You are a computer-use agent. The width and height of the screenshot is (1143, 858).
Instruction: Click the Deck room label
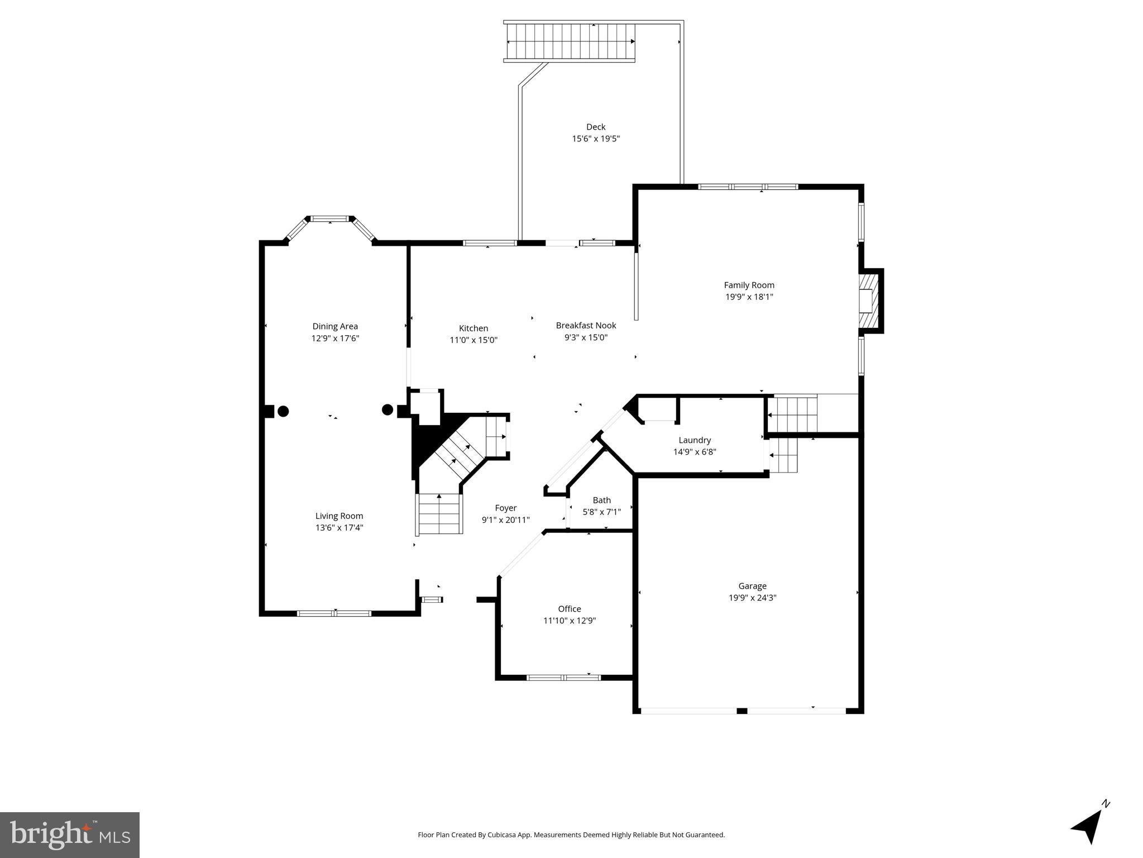(x=595, y=127)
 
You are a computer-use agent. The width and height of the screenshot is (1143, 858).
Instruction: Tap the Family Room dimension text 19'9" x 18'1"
(x=749, y=297)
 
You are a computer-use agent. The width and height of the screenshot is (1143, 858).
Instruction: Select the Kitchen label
(x=473, y=328)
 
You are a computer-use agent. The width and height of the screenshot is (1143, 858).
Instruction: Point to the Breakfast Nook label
(x=586, y=325)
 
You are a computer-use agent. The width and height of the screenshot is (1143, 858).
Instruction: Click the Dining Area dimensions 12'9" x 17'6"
(x=335, y=339)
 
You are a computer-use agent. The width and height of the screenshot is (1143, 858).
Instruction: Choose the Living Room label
(x=339, y=516)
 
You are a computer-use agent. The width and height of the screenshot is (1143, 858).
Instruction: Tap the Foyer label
(x=505, y=508)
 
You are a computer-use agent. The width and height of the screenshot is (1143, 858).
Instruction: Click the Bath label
(x=601, y=500)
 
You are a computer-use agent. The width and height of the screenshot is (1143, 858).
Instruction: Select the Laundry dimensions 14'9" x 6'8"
(x=694, y=452)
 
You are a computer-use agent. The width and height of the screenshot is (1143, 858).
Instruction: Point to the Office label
(x=569, y=609)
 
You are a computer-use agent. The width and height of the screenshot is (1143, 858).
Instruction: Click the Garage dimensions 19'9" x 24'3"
(x=752, y=598)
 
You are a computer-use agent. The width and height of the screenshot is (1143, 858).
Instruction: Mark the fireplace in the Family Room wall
(x=868, y=301)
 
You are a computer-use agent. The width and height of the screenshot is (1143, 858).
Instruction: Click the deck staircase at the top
(x=570, y=42)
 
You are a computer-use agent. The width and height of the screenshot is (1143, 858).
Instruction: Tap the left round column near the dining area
(x=283, y=411)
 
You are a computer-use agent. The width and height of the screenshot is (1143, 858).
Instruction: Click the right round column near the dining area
(x=387, y=410)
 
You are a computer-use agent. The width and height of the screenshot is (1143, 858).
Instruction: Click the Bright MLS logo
(x=69, y=834)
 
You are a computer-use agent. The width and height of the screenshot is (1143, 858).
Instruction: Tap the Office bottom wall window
(x=563, y=678)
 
